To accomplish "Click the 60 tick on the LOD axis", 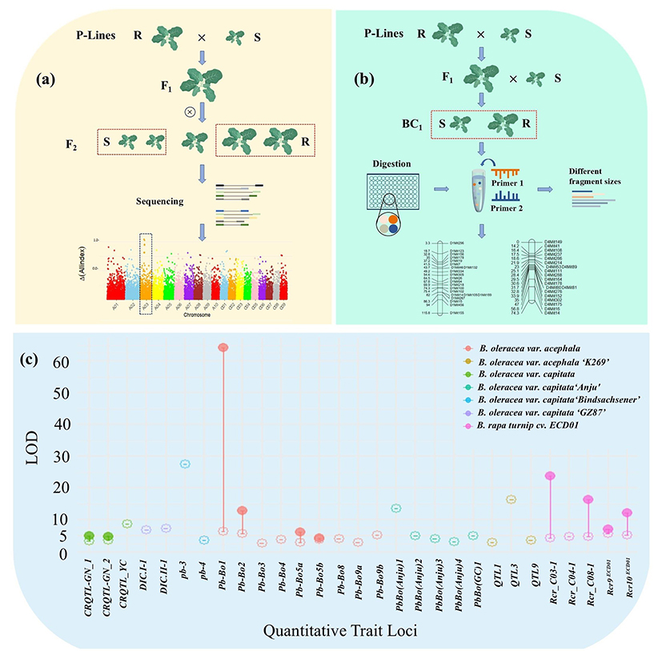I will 40,363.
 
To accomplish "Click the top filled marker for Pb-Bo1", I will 223,348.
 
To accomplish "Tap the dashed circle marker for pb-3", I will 185,464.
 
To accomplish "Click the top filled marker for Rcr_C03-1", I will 550,476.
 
